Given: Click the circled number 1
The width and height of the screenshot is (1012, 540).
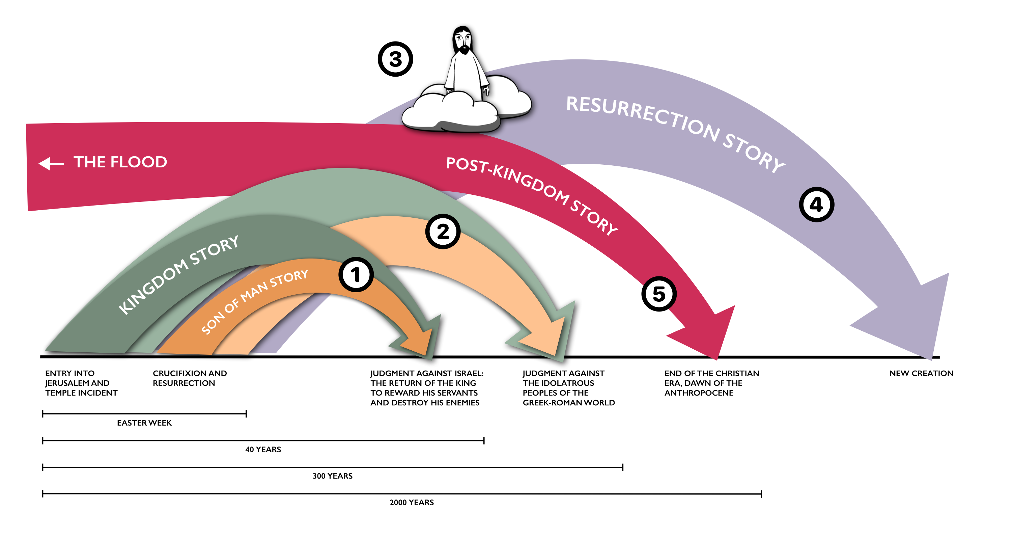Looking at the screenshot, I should [356, 275].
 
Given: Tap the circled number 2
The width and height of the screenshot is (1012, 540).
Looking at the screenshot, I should [443, 232].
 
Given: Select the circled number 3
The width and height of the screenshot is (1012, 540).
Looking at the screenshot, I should [395, 59].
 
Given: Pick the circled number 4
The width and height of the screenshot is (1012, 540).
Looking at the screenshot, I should [817, 205].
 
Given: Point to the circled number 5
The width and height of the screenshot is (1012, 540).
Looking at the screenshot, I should [659, 294].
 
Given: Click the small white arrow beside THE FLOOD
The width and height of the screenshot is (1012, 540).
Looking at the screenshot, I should [51, 163].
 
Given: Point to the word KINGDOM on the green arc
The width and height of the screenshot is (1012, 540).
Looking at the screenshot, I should [153, 287].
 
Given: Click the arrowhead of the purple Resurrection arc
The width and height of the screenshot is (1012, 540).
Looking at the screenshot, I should [916, 318].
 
